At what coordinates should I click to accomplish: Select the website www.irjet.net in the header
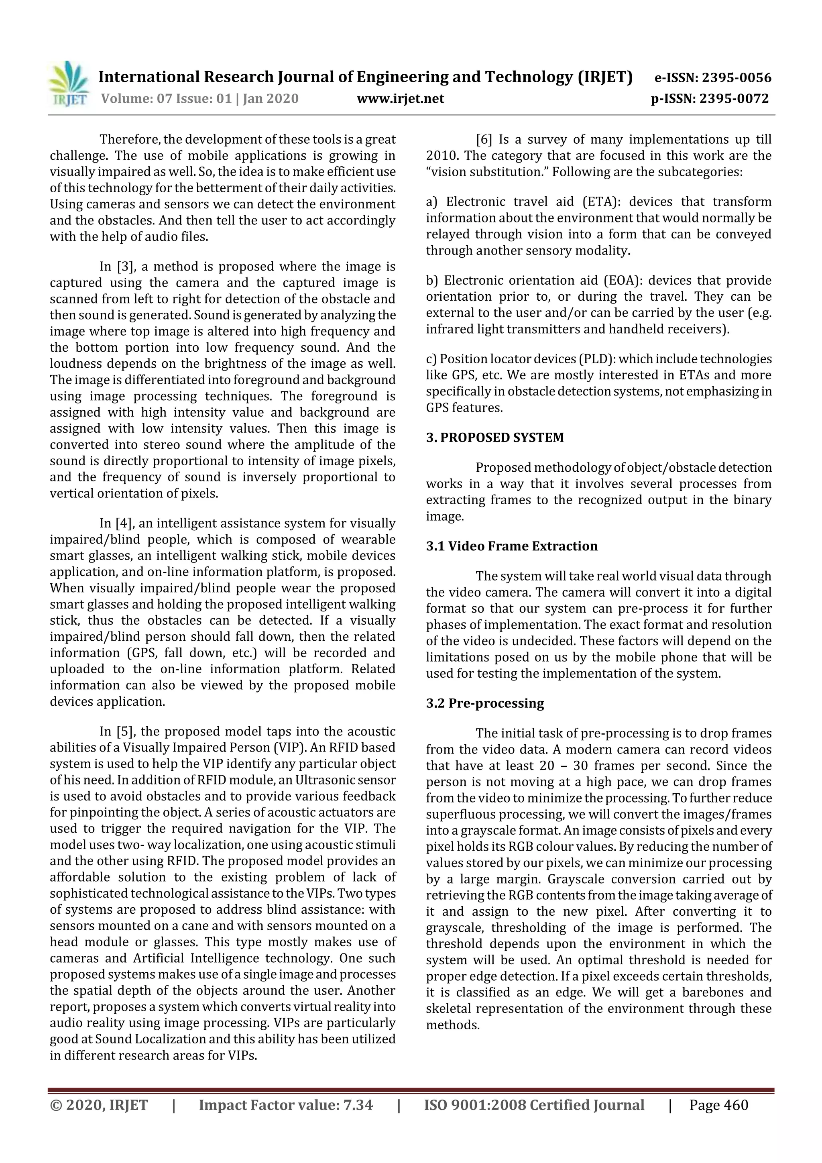click(400, 99)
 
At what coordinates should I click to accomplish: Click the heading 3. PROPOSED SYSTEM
click(494, 438)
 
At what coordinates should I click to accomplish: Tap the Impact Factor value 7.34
click(358, 1105)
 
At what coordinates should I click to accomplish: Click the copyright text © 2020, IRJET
click(99, 1105)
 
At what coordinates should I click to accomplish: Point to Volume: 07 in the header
click(136, 99)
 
